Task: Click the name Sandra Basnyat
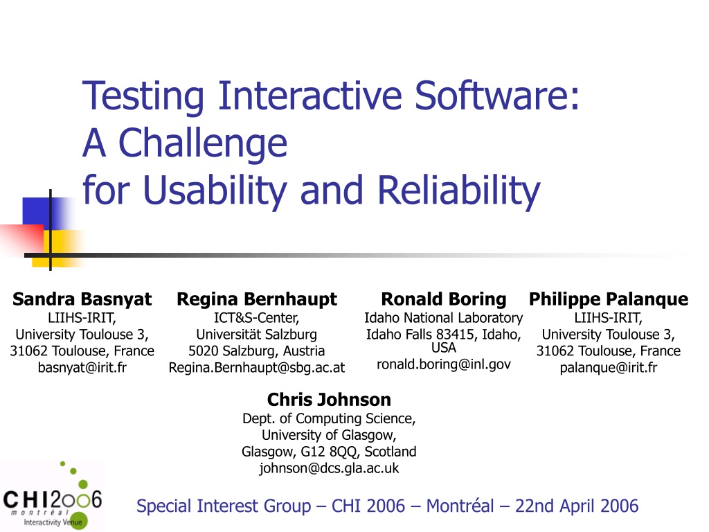(x=82, y=299)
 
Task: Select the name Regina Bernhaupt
(x=257, y=299)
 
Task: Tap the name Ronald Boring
(x=444, y=299)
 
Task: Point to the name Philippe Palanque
(x=609, y=299)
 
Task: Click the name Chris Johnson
(x=329, y=400)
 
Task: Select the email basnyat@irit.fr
(x=82, y=367)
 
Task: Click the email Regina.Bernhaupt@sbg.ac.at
(x=257, y=367)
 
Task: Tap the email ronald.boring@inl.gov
(x=444, y=364)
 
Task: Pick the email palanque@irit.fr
(x=609, y=367)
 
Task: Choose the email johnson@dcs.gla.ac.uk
(x=329, y=468)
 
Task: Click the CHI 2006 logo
(x=53, y=495)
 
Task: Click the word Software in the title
(x=496, y=96)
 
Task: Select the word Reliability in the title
(x=458, y=190)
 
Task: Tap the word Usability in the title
(x=215, y=190)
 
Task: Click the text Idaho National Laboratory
(x=444, y=318)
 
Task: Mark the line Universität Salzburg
(x=257, y=335)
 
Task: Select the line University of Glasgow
(x=329, y=435)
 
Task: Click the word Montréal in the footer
(x=460, y=506)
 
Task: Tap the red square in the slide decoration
(x=21, y=239)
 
